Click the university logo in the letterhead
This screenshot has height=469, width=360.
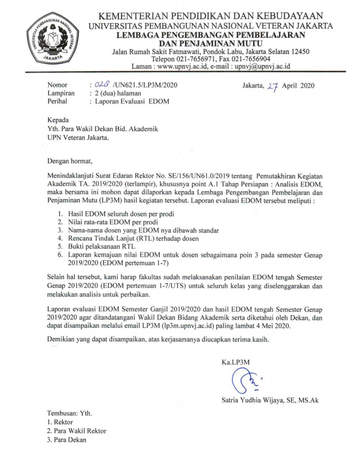coord(52,40)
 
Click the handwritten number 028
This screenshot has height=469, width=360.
coord(99,85)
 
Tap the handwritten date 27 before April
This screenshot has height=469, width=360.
coord(273,86)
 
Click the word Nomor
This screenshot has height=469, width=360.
coord(57,85)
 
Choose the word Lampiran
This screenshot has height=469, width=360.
coord(61,93)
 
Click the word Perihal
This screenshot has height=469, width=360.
coord(57,101)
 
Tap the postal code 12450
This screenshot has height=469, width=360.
coord(300,52)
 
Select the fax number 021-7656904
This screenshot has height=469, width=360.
coord(250,59)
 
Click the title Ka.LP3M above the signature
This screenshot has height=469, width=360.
coord(235,362)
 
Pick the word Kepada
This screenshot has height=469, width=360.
coord(58,120)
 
